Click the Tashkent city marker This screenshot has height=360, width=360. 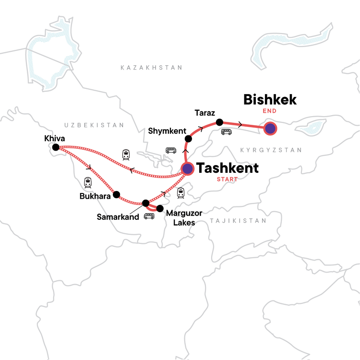[x=187, y=168]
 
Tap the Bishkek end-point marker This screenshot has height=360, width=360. [x=270, y=128]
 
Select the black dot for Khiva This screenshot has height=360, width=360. [x=56, y=147]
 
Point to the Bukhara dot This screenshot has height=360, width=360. [x=116, y=195]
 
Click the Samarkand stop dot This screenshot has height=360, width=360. [x=146, y=203]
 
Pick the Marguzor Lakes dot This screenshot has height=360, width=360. [x=160, y=208]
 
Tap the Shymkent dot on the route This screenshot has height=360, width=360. [x=189, y=139]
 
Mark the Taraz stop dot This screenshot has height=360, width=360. [x=219, y=122]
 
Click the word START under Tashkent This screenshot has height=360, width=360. [x=227, y=180]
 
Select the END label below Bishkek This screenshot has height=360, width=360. [x=270, y=111]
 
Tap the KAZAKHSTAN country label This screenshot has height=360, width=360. [x=152, y=68]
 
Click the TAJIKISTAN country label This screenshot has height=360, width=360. [x=238, y=221]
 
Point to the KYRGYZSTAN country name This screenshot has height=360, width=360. [x=271, y=150]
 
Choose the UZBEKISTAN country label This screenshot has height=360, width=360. [x=93, y=125]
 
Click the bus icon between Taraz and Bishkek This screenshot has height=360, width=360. [x=226, y=132]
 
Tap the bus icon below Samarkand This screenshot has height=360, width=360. [x=149, y=216]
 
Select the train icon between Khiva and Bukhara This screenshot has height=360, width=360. [x=88, y=182]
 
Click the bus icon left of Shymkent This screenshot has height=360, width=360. [x=171, y=150]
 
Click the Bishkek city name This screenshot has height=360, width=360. [x=270, y=99]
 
